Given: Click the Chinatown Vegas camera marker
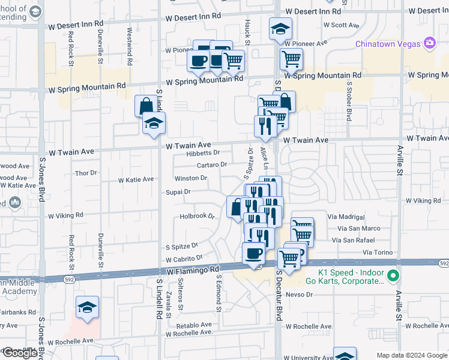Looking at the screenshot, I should pos(429,43).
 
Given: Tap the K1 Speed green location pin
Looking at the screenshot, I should pos(393,276).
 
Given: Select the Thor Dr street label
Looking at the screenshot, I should pos(85,173).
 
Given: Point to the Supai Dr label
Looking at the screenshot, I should pos(178,192).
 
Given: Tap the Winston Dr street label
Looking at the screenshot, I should pos(191,178).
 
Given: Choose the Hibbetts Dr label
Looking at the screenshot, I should pos(203,153).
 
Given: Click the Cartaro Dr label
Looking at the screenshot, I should pos(211,164).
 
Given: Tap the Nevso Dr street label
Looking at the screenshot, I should pos(300,295).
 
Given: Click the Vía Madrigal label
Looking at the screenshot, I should pos(346,217).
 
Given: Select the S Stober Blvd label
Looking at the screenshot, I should pos(349,105).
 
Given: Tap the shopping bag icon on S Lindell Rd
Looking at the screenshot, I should pos(146,106).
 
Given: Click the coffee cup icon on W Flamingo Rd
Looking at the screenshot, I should pos(253,253).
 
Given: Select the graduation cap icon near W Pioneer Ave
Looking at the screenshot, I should pos(280,28).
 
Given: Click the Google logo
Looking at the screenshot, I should pos(20,353).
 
